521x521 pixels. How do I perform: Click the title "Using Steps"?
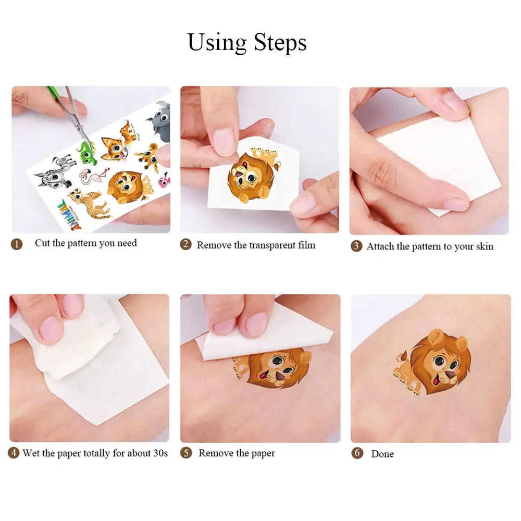247,42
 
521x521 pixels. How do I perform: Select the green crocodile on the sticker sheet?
86,151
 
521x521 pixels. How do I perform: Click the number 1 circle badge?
17,244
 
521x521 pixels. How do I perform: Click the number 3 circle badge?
356,246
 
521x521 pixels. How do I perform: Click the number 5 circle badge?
186,453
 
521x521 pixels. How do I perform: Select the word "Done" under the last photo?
382,454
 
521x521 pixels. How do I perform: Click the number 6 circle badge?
357,453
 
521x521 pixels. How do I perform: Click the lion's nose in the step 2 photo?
241,182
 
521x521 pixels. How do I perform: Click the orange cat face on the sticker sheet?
114,148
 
